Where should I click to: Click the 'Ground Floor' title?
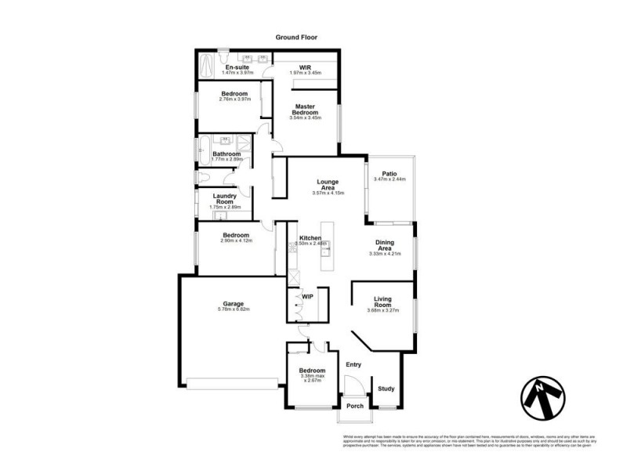295,37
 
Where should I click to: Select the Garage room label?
233,303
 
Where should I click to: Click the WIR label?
306,67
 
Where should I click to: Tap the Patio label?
389,174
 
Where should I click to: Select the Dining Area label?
384,245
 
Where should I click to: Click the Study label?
386,389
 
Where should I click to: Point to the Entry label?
353,364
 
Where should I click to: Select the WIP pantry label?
307,297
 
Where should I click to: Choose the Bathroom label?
227,154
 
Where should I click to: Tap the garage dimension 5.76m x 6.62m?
233,310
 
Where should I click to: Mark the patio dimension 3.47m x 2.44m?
389,180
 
